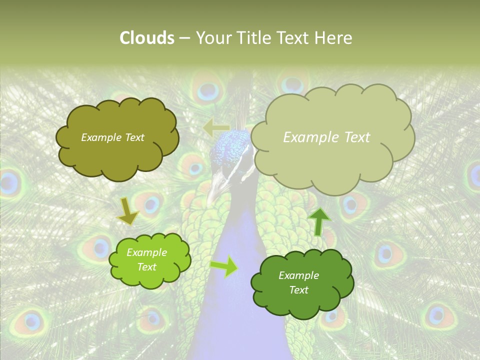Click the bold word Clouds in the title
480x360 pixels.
147,38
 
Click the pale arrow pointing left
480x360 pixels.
216,127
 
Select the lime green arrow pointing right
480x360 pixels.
224,266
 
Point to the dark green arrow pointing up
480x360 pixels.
318,221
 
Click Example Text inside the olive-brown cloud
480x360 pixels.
112,137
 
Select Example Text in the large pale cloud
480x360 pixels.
326,137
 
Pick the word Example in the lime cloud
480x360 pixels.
146,253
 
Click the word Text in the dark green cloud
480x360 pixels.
298,290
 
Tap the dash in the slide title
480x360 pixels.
184,38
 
